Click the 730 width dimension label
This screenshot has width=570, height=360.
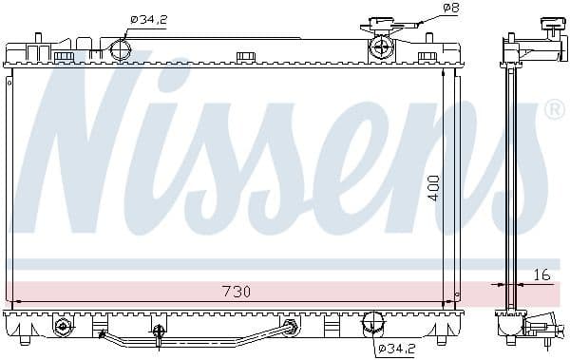click(x=236, y=292)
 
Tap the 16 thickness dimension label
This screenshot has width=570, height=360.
click(x=541, y=275)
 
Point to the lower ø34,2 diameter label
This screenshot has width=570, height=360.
click(x=396, y=349)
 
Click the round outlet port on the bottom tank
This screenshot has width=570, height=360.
click(x=372, y=323)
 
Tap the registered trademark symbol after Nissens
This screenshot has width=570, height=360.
click(x=553, y=111)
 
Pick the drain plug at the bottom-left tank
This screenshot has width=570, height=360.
click(x=63, y=326)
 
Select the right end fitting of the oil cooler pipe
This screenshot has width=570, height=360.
click(x=288, y=327)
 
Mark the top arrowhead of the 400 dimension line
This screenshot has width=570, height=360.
click(x=444, y=72)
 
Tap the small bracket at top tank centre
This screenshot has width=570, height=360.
click(x=245, y=56)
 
